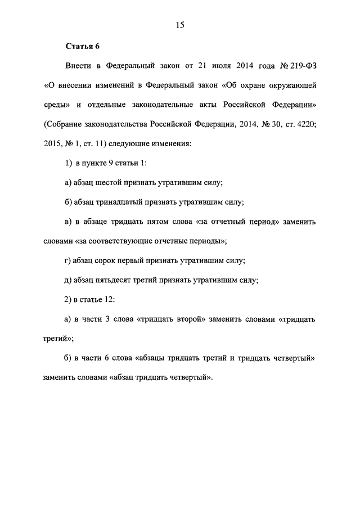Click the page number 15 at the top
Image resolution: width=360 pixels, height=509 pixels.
(x=180, y=25)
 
